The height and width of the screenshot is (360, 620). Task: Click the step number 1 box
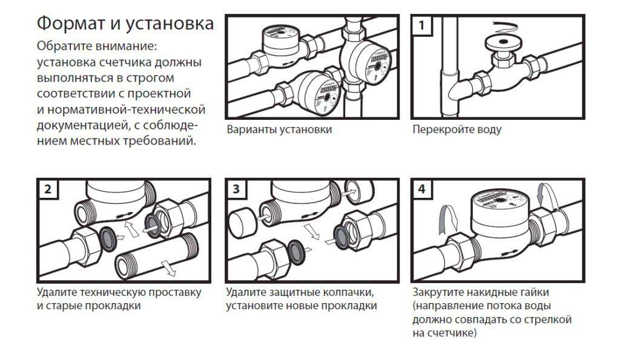(x=421, y=25)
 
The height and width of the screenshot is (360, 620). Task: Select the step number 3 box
(x=236, y=189)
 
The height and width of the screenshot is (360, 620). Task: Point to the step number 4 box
(x=421, y=189)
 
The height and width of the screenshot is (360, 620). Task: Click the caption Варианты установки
(x=279, y=129)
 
